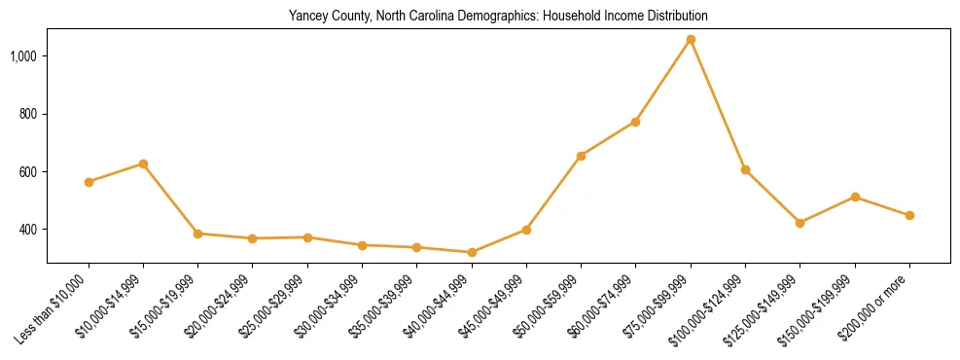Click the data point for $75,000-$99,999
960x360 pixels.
click(691, 40)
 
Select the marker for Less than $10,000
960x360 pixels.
click(89, 182)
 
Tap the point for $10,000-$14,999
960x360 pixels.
click(143, 163)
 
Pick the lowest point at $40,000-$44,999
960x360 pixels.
click(472, 252)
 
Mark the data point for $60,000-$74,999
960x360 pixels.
click(635, 122)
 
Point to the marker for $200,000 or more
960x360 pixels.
click(909, 215)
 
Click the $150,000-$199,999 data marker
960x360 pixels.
click(855, 197)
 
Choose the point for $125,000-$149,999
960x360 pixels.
click(800, 223)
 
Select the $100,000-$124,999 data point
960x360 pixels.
click(745, 169)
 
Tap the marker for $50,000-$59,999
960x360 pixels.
click(581, 156)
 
